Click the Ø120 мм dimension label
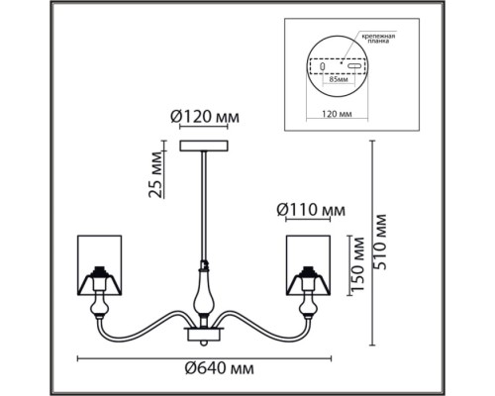(x=205, y=117)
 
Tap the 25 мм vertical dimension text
(x=156, y=174)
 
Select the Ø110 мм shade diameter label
(x=311, y=210)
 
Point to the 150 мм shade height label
(x=357, y=264)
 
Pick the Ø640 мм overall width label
(x=220, y=368)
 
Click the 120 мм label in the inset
(x=337, y=114)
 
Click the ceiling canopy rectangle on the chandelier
(x=204, y=146)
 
